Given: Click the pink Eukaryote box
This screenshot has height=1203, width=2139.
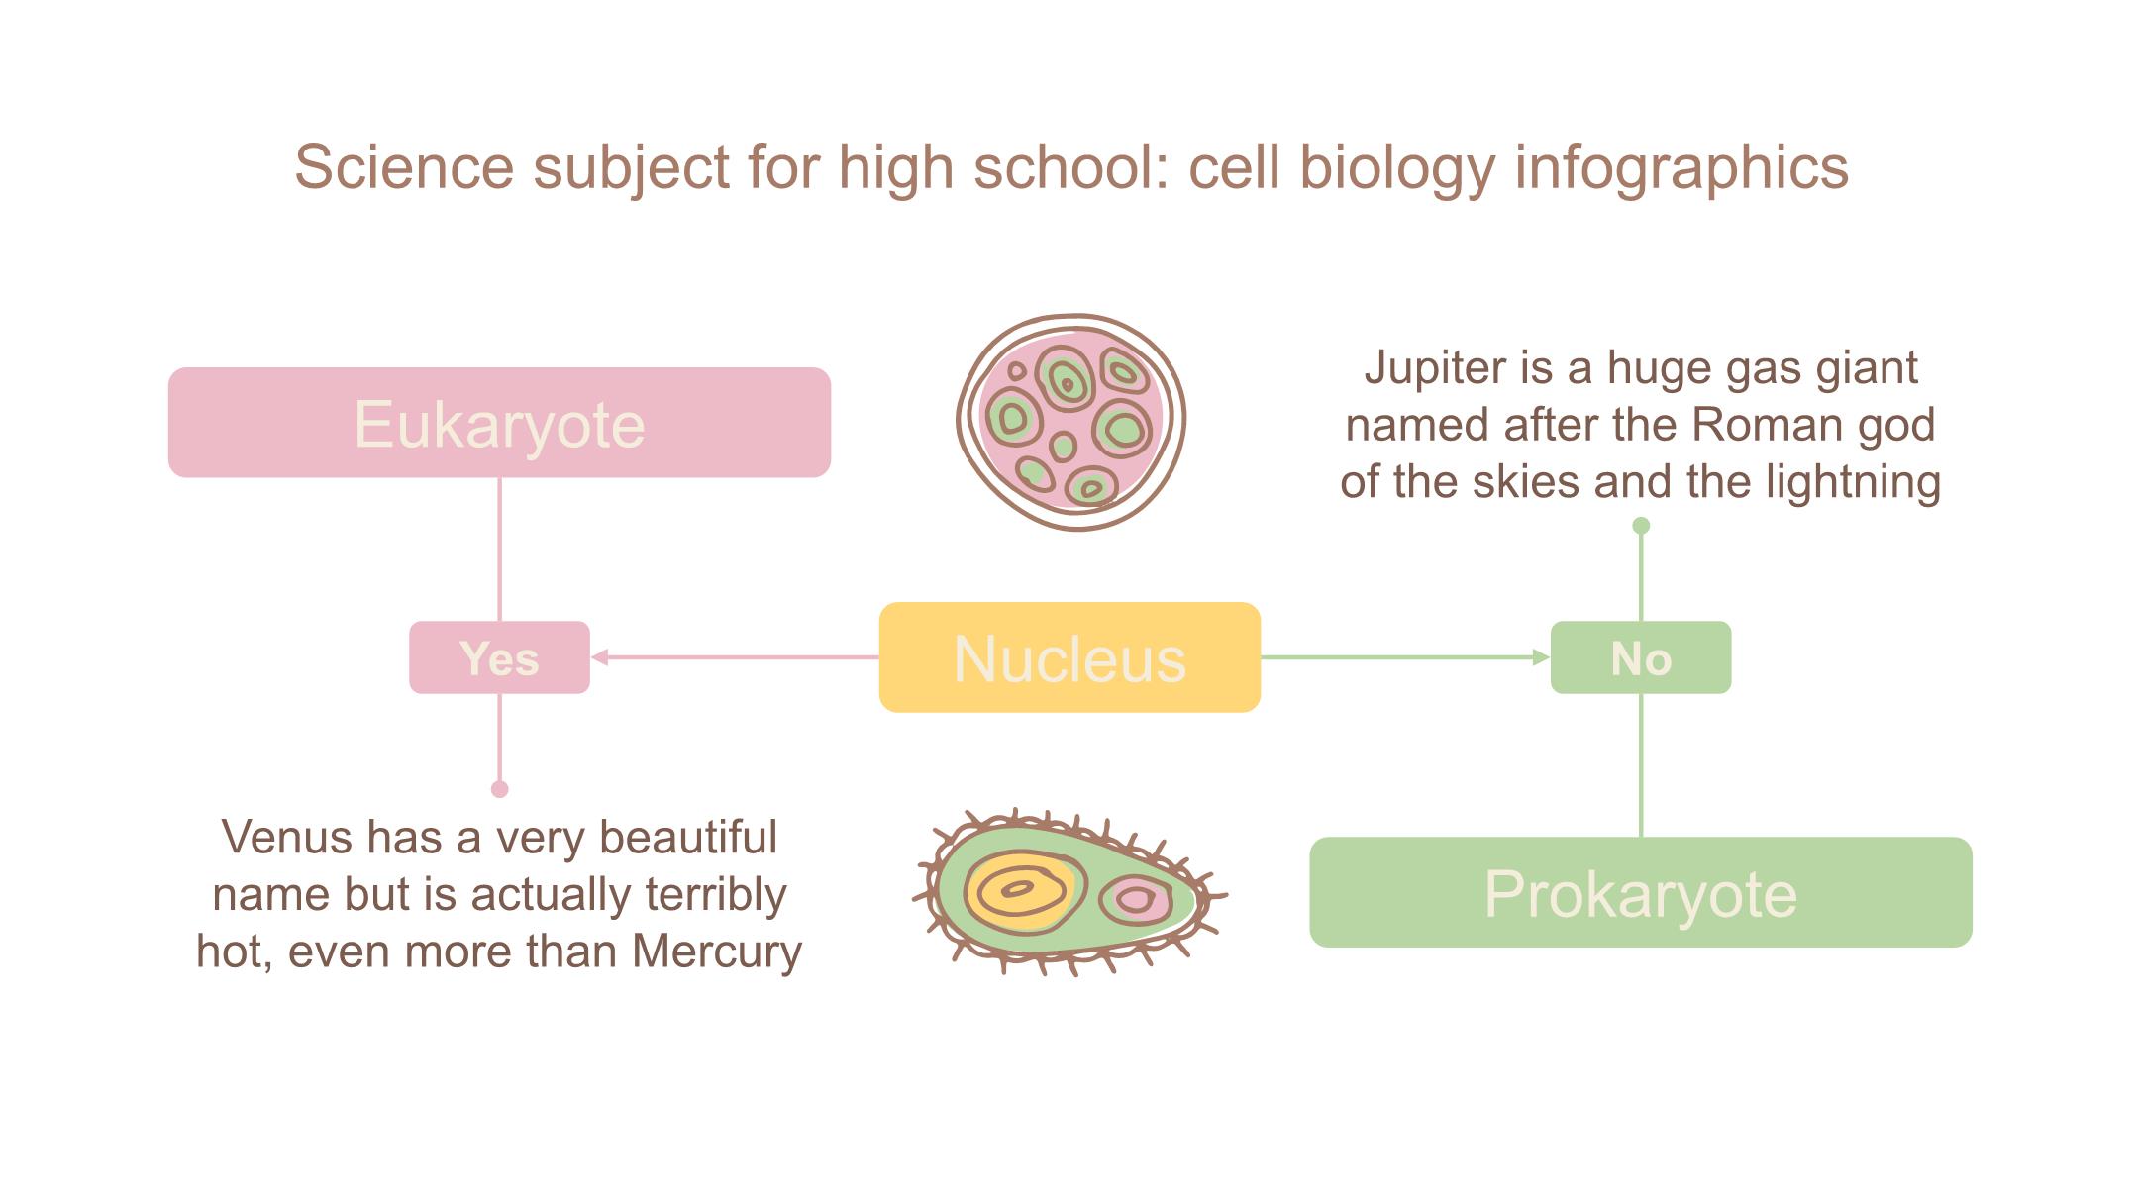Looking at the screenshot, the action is click(499, 423).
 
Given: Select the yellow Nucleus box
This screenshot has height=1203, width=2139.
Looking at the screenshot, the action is click(1069, 657).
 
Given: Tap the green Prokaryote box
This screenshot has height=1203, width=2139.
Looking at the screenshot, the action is click(1641, 892).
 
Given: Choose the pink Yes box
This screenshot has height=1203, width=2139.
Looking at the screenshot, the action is click(499, 657).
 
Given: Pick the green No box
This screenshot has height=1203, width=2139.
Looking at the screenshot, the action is click(1641, 657).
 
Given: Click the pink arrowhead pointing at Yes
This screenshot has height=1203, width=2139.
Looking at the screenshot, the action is click(600, 656).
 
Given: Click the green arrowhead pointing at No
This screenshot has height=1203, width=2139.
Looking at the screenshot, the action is click(1541, 656).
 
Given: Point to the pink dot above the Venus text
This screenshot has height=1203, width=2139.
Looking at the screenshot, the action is click(500, 789).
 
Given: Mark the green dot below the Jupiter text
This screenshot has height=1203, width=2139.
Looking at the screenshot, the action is click(1641, 526).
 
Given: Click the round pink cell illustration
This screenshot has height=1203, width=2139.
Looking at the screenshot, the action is click(1071, 423).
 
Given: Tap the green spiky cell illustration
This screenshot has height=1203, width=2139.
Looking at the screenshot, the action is click(1069, 891).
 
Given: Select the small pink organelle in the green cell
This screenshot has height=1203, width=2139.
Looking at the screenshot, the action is click(1136, 900).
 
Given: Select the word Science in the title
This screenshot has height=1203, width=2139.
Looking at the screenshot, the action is click(404, 166).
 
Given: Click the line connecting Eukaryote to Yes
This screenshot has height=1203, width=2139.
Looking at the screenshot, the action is click(499, 550).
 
